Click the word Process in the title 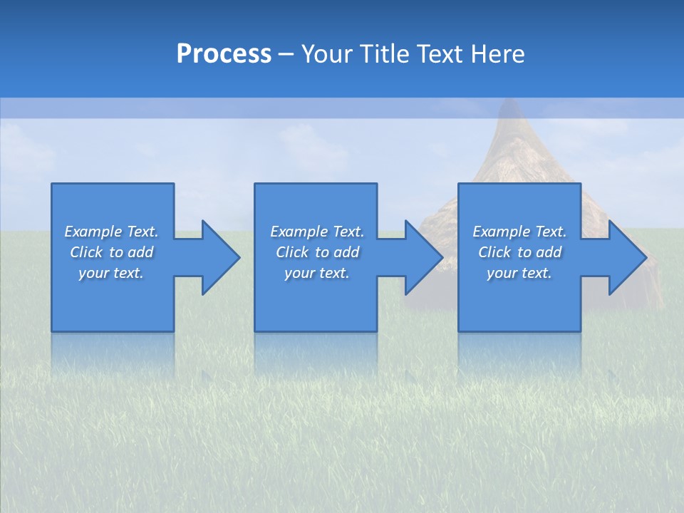point(224,54)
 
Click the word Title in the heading point(385,54)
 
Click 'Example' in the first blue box point(93,232)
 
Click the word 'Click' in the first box point(86,252)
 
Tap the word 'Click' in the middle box point(292,252)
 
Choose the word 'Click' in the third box point(494,252)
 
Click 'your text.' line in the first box point(111,273)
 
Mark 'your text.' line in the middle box point(316,273)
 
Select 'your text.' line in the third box point(519,273)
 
